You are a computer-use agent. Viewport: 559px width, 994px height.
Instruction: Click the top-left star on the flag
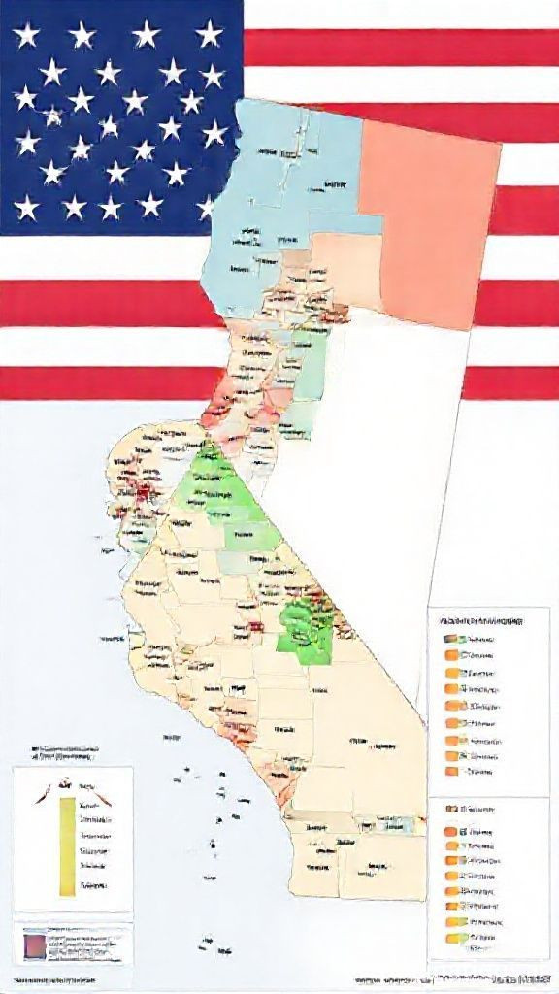coord(26,36)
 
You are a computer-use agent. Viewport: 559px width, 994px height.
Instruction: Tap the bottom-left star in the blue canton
coord(27,206)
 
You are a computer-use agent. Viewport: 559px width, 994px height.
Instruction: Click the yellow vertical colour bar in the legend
coord(66,845)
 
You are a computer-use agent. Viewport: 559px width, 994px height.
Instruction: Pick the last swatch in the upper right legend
coord(451,772)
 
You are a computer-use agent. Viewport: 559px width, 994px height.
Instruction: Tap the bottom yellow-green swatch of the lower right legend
coord(451,938)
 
